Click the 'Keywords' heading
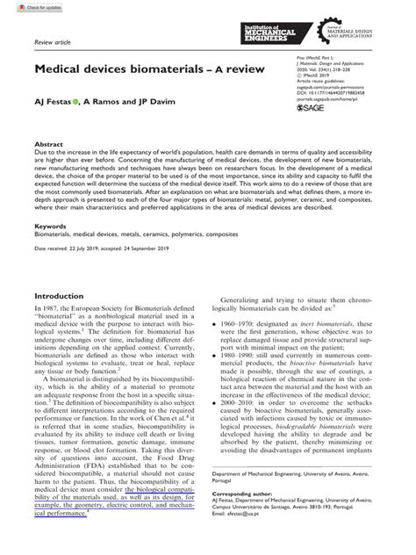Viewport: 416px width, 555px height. [x=51, y=226]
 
